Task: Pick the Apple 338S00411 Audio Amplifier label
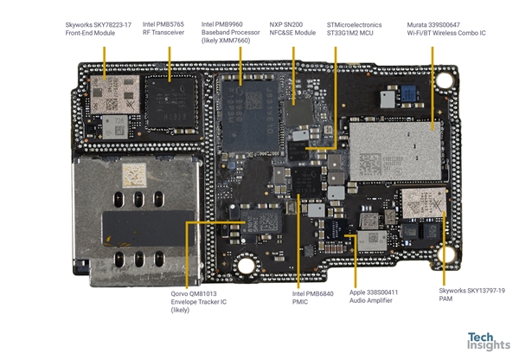point(374,299)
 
